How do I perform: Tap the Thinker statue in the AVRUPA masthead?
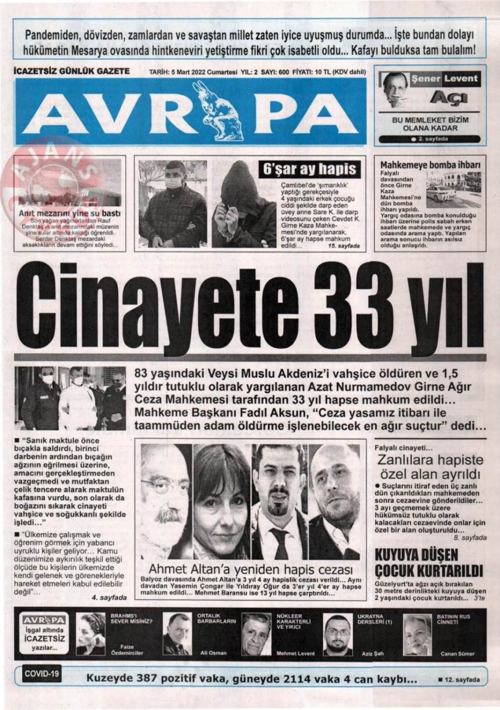click(218, 110)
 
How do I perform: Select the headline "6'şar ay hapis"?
click(310, 169)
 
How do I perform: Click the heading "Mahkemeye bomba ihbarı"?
click(430, 165)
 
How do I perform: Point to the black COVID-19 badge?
click(42, 673)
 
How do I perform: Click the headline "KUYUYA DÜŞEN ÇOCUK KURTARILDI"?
click(429, 563)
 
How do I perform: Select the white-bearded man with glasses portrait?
click(165, 501)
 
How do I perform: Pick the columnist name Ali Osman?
click(213, 652)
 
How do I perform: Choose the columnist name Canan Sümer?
click(457, 653)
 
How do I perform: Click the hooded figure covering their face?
click(243, 202)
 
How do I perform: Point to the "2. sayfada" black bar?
click(429, 139)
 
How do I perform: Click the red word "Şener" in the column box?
click(425, 79)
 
